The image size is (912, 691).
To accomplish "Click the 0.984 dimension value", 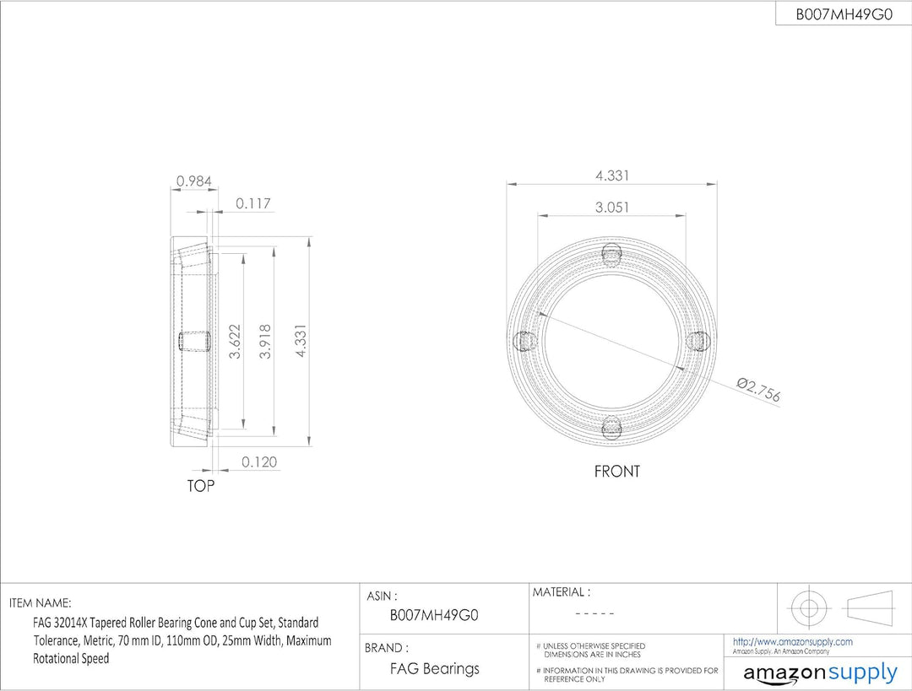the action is coord(194,181).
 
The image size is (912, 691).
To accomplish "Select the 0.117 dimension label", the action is coord(253,203).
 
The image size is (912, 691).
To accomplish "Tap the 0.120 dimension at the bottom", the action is coord(259,462).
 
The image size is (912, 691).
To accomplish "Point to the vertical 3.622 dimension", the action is coord(235,341).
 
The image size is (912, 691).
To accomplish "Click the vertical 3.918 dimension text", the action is coord(265,341).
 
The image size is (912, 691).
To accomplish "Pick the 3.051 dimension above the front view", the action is coord(612,207).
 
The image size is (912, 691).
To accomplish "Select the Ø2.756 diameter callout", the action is coord(757,390).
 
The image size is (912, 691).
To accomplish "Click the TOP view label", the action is coord(201,485).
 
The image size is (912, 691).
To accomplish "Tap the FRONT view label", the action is coord(616,472).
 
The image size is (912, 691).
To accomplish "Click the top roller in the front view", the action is coord(612,255).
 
